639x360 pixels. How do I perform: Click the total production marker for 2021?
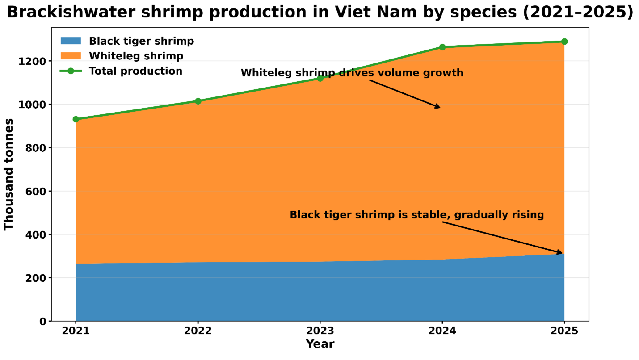[76, 119]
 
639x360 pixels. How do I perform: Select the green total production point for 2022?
[198, 101]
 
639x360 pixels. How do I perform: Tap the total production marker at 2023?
[320, 78]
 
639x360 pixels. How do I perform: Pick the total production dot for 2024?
[442, 47]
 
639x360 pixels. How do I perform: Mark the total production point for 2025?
[564, 42]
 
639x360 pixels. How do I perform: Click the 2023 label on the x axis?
[320, 331]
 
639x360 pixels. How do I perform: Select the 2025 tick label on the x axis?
[564, 331]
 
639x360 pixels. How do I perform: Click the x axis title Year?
[320, 344]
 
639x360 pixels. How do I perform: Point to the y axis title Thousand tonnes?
[9, 174]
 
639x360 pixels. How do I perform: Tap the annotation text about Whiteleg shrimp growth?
[352, 73]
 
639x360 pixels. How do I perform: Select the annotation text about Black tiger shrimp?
[416, 215]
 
